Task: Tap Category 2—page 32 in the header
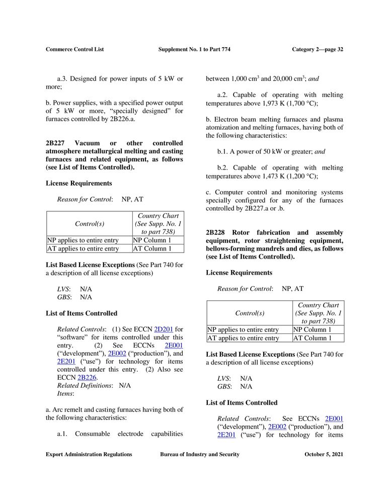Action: click(317, 49)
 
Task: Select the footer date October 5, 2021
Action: click(324, 454)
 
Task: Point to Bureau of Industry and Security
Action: click(199, 454)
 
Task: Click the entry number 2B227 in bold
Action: click(56, 144)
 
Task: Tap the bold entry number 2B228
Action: click(216, 232)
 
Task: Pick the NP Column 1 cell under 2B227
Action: click(152, 240)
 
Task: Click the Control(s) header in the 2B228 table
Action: click(250, 313)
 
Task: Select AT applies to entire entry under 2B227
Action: click(83, 248)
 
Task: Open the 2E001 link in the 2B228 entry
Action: click(334, 418)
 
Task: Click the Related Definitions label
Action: click(84, 385)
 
